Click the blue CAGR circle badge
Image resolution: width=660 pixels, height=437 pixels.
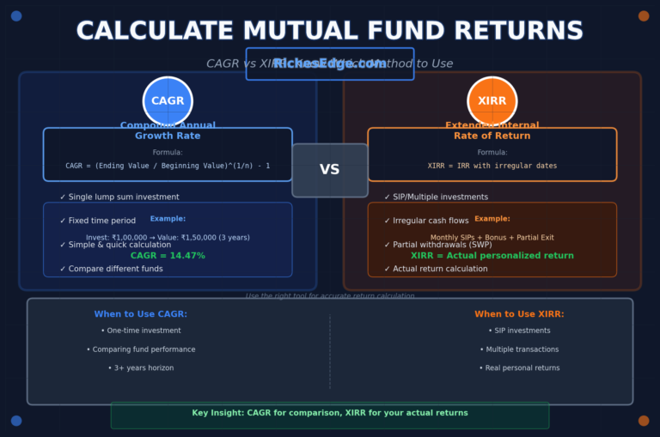[168, 101]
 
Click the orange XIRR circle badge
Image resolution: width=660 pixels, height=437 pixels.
[492, 101]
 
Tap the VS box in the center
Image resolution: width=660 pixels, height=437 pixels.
[330, 170]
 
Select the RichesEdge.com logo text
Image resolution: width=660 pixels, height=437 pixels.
[330, 64]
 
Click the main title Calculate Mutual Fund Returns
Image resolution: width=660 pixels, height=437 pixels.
[330, 31]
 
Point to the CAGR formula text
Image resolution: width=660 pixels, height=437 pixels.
[168, 166]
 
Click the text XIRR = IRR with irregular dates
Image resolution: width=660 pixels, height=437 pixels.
[492, 166]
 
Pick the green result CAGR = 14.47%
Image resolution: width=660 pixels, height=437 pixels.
[168, 256]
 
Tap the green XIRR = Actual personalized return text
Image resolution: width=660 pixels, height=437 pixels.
[492, 256]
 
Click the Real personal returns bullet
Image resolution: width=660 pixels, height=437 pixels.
[522, 368]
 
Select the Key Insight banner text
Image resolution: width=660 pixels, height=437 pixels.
[330, 413]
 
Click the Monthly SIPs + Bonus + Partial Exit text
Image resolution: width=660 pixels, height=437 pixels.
[492, 238]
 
